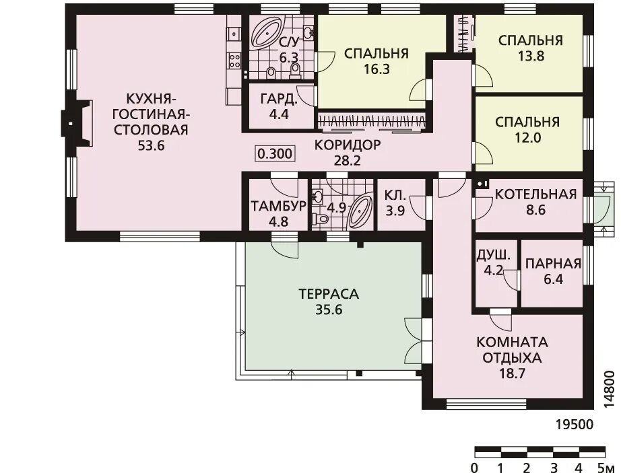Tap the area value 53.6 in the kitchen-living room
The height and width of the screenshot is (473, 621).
(150, 146)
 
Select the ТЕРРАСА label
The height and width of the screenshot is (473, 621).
(329, 294)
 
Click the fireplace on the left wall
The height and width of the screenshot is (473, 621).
(76, 123)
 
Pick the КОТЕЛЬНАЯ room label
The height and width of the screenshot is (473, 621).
(536, 194)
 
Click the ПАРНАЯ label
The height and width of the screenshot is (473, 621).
(553, 264)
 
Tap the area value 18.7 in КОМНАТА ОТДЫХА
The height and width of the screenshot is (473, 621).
(512, 373)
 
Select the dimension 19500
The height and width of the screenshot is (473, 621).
(575, 425)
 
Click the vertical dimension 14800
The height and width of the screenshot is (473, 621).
(609, 390)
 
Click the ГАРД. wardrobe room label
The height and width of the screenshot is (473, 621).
(279, 99)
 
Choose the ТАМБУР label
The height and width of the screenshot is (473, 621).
(278, 207)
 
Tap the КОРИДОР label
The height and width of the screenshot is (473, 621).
(348, 145)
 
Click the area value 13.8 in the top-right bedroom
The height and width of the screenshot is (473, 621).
(531, 56)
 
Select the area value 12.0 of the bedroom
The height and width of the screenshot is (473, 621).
(528, 138)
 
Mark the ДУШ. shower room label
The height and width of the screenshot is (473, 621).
(491, 255)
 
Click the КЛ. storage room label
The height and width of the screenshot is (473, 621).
(395, 195)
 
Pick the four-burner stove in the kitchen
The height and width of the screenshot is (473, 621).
(234, 61)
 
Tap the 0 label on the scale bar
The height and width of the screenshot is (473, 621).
(475, 468)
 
